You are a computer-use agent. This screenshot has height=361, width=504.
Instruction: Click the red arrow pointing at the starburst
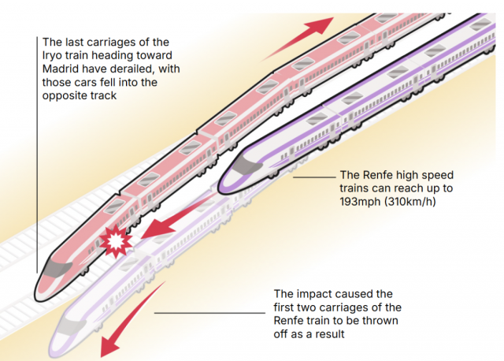point(167,225)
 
